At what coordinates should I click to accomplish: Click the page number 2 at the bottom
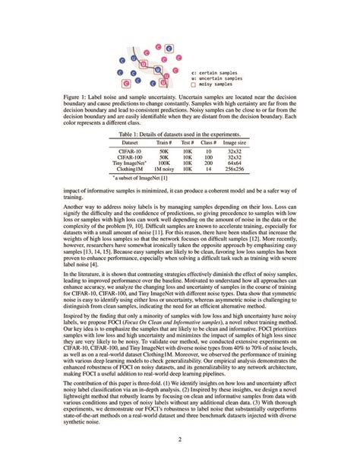click(180, 439)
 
